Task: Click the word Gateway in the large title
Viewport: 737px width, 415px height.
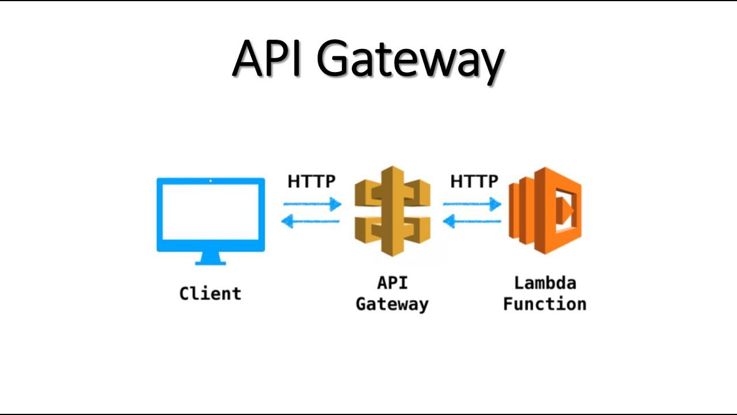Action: click(411, 61)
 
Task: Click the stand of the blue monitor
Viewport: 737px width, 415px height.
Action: click(211, 259)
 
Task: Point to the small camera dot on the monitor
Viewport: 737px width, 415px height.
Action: click(211, 181)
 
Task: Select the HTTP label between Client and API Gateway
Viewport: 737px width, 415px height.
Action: click(311, 182)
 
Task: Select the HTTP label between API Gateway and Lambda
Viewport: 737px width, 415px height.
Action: click(474, 182)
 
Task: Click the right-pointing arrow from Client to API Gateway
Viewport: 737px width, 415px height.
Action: click(312, 204)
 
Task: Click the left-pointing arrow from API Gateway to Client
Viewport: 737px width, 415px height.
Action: click(310, 221)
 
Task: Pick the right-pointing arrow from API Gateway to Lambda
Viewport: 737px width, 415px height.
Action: click(472, 204)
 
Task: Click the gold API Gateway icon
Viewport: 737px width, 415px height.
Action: click(392, 212)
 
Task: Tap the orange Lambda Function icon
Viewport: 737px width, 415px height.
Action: click(544, 212)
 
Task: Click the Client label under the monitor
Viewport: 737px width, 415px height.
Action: click(210, 293)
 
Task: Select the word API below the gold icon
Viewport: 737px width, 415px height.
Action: click(392, 283)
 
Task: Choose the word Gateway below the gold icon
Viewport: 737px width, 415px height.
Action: click(392, 304)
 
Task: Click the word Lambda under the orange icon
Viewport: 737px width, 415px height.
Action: click(545, 283)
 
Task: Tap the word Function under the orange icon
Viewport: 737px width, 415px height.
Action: click(545, 304)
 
